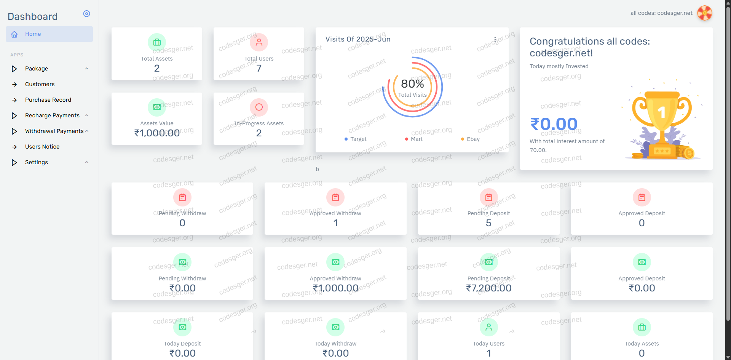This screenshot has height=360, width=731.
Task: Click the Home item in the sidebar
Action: point(33,34)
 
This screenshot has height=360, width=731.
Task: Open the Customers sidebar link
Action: point(40,84)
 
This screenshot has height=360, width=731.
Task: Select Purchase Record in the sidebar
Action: point(48,100)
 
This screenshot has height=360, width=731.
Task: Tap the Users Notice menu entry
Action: point(42,147)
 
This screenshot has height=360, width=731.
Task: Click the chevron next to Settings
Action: point(87,162)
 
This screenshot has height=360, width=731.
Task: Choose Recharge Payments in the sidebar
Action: point(52,115)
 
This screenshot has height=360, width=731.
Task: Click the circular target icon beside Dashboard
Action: point(87,14)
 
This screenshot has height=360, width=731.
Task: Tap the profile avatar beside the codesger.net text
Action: point(704,13)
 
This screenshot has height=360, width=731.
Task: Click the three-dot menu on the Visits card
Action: point(495,39)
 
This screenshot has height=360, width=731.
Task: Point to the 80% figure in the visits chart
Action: point(412,84)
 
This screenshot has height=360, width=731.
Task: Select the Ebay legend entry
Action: point(473,139)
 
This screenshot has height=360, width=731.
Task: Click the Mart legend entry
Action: point(417,139)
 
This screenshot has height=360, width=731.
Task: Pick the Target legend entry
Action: point(358,139)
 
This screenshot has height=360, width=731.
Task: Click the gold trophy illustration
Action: point(662,122)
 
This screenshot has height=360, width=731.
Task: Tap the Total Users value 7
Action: point(259,68)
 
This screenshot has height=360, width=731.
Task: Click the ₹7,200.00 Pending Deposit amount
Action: point(488,288)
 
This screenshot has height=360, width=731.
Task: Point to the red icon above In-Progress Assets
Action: point(259,107)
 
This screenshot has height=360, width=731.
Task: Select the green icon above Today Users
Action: point(488,327)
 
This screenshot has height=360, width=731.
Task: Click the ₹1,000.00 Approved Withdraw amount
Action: point(335,288)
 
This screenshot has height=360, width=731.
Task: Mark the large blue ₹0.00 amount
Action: point(554,124)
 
